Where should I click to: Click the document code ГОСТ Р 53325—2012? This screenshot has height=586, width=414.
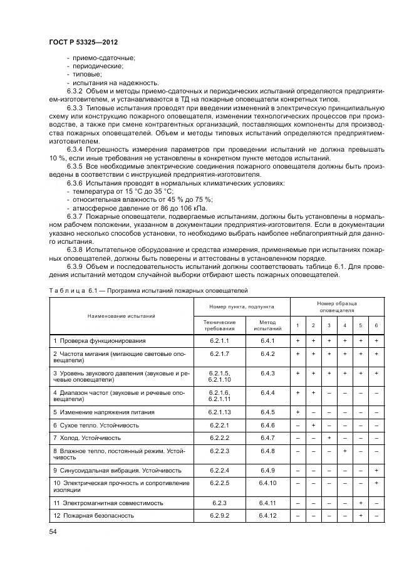84,41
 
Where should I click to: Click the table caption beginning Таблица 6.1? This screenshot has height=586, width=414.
148,291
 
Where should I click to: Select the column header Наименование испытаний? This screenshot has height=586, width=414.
122,317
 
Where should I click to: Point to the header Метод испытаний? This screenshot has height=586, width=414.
267,325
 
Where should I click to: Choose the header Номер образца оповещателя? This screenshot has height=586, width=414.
337,306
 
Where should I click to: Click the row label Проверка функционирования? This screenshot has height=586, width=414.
100,340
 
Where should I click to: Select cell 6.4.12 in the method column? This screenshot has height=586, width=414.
267,515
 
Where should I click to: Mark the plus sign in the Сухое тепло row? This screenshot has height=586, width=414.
313,425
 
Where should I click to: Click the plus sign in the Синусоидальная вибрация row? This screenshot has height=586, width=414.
376,470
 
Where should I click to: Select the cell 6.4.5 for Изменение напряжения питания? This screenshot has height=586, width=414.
267,412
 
